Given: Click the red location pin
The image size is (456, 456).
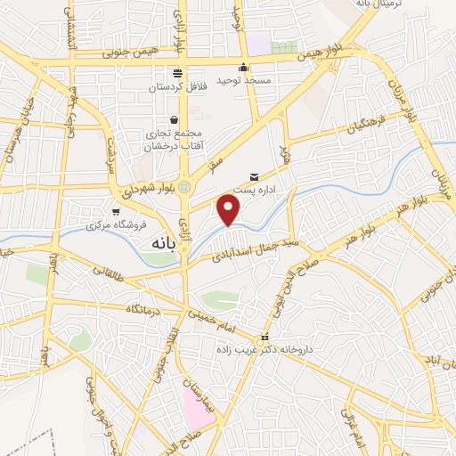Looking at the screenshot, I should [230, 210].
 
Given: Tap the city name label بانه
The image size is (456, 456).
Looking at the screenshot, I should [146, 243].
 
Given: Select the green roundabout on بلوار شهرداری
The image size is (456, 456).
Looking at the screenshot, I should [184, 187].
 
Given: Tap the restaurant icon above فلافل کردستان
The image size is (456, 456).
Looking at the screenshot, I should [176, 73].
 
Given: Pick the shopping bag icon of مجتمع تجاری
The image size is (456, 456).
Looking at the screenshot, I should [173, 119].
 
